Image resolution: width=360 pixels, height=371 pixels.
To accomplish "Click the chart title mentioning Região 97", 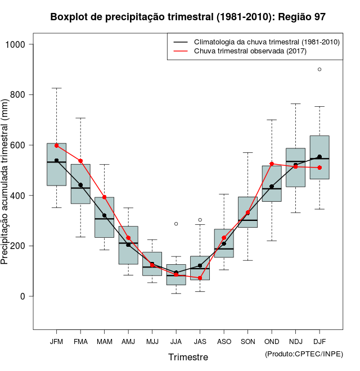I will tap(187, 17).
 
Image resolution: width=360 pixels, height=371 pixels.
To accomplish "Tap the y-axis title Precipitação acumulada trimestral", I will tap(6, 182).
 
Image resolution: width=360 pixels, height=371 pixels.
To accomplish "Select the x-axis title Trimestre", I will tap(188, 357).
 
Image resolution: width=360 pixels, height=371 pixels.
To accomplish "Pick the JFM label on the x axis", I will tap(56, 341).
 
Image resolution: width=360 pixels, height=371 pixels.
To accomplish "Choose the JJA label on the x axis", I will tap(176, 341).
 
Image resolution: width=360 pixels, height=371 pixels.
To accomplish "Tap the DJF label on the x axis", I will tap(319, 341).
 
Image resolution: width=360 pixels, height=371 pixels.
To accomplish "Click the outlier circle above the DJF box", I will tap(319, 70).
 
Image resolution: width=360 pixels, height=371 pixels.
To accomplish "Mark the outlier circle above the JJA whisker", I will tap(176, 224).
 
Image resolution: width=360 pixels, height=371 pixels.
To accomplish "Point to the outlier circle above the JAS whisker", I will tap(200, 220).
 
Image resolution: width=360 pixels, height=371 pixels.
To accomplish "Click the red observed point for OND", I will tap(272, 164).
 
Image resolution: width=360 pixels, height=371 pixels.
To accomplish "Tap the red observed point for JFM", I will tap(56, 146).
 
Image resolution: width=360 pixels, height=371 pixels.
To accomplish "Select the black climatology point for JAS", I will tap(200, 265).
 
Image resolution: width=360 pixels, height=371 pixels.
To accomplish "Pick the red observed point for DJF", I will tap(319, 168).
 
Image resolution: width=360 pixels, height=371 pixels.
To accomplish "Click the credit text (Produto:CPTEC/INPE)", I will tap(304, 354).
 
